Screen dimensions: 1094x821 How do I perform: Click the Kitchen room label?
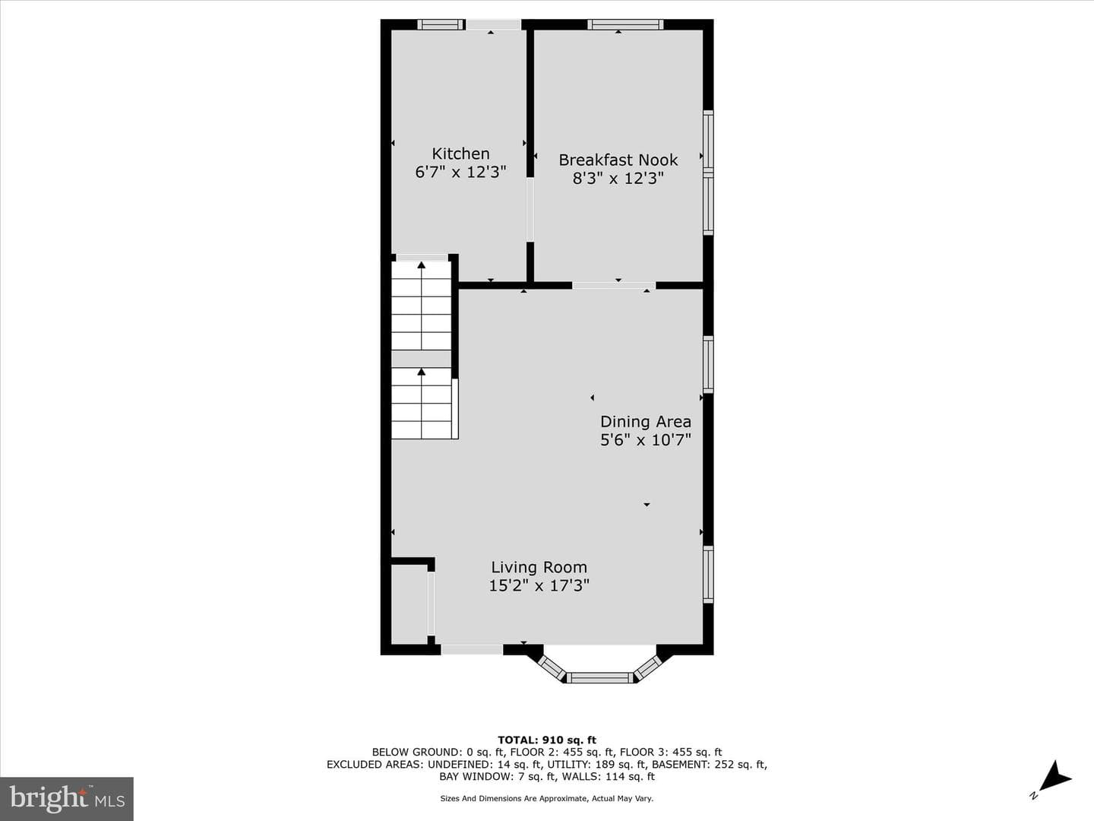pos(460,154)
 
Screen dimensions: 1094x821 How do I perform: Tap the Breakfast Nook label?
pos(618,160)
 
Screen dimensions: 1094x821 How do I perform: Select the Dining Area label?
pos(646,422)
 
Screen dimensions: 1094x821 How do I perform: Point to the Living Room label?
pos(539,567)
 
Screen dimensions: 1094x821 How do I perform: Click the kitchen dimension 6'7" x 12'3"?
pos(460,172)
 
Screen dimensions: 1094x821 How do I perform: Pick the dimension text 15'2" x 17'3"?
pos(539,585)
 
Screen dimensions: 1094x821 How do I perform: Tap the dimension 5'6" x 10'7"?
pos(646,440)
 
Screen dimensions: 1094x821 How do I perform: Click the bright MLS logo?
pos(67,798)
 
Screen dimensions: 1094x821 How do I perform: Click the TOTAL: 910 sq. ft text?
pos(547,740)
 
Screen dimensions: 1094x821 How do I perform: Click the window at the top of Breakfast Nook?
pos(625,24)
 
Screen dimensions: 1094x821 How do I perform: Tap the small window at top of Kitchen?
pos(441,24)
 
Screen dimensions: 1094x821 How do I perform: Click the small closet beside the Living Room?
pos(409,604)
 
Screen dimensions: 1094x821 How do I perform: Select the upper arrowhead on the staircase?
pos(422,265)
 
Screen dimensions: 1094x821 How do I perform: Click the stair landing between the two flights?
pos(421,358)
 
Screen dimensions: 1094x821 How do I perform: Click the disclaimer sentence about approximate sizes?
pos(546,798)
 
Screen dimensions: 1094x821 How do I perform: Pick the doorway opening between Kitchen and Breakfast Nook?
pos(530,209)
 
